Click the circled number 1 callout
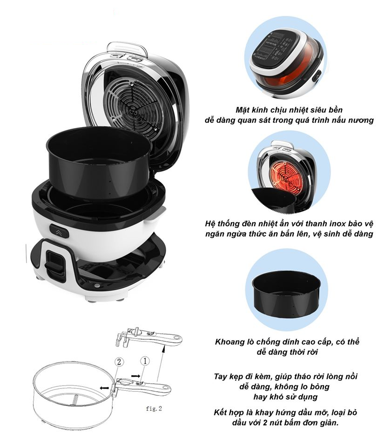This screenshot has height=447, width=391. click(x=145, y=361)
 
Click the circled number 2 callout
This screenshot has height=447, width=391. click(x=119, y=362)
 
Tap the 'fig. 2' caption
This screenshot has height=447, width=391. click(x=154, y=408)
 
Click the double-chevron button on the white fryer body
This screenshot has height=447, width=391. click(x=59, y=231)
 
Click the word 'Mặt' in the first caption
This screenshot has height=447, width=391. click(x=242, y=110)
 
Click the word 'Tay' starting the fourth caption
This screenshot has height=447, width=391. click(x=220, y=377)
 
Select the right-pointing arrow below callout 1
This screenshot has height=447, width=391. click(x=135, y=376)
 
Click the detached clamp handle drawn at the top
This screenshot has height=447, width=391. click(x=149, y=336)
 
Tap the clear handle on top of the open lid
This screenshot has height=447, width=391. click(x=128, y=48)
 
